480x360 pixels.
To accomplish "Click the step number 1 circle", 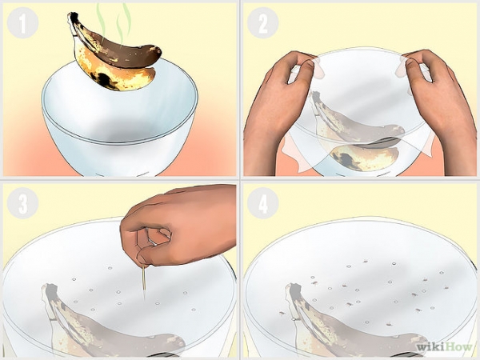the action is coord(22,22).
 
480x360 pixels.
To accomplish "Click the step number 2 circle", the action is coord(262,22).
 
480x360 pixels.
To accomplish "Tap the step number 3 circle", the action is coord(22,202).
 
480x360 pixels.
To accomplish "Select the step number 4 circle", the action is coord(262,202).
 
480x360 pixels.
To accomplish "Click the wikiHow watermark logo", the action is coord(444,347).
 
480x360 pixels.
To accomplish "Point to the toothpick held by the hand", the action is coord(143,281).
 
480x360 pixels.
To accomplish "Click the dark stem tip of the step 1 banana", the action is coord(72,16).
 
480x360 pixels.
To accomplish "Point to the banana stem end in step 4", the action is coord(294,290).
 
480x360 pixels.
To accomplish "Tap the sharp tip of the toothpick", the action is coord(144,299).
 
